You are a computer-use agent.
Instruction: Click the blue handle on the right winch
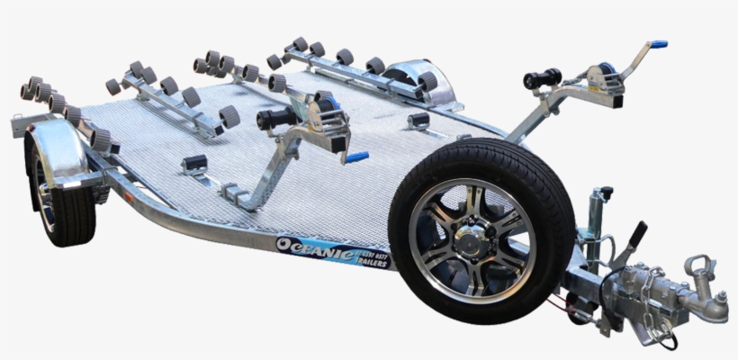pyautogui.click(x=659, y=44)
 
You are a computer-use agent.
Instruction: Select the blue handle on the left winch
pyautogui.click(x=356, y=157)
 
